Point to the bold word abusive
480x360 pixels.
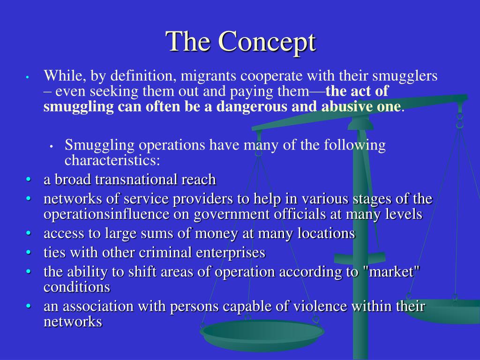tap(347, 106)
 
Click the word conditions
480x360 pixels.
tap(77, 286)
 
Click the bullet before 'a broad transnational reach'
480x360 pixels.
tap(29, 180)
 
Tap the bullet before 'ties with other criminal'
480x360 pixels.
tap(29, 253)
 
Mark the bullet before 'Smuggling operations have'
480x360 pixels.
tap(51, 146)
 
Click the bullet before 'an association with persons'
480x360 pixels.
tap(29, 307)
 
